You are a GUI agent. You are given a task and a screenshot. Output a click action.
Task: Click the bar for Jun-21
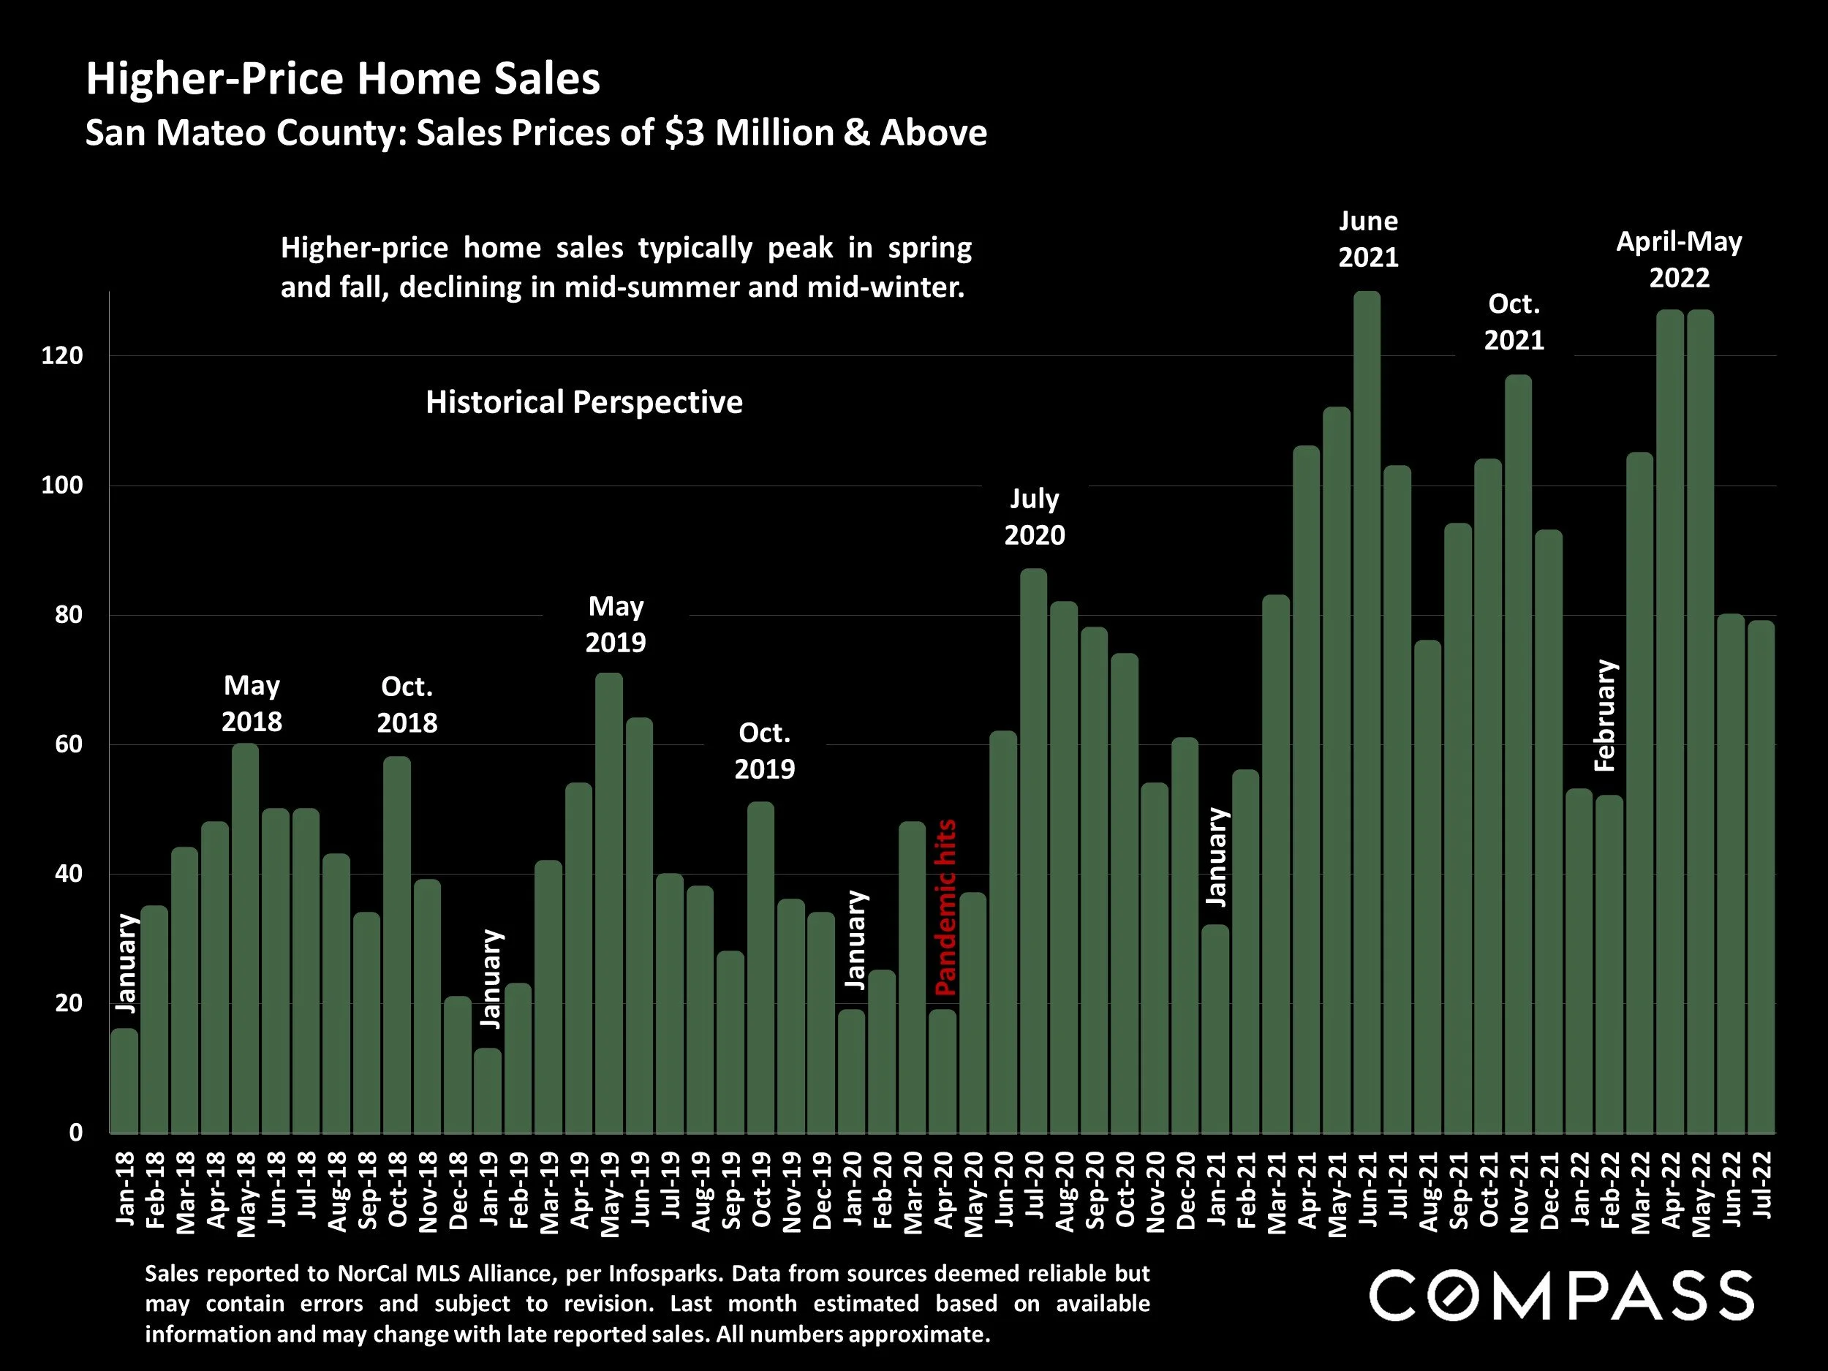coord(1367,711)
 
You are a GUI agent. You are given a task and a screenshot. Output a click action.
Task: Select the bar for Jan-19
coord(488,1091)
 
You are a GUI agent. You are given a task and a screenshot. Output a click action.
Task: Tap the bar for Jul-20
coord(1034,851)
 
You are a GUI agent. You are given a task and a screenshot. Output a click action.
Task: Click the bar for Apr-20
coord(942,1071)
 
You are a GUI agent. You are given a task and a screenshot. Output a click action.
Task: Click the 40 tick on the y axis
coord(63,874)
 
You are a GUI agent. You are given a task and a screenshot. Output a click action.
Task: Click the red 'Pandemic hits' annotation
coord(945,907)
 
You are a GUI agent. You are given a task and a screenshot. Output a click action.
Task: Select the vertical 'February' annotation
coord(1605,716)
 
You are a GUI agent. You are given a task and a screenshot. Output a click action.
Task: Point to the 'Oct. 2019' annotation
coord(764,750)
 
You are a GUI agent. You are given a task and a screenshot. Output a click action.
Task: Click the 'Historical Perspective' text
coord(583,402)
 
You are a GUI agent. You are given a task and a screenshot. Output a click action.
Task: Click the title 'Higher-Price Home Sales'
coord(343,79)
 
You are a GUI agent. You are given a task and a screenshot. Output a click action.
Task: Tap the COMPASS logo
coord(1560,1295)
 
